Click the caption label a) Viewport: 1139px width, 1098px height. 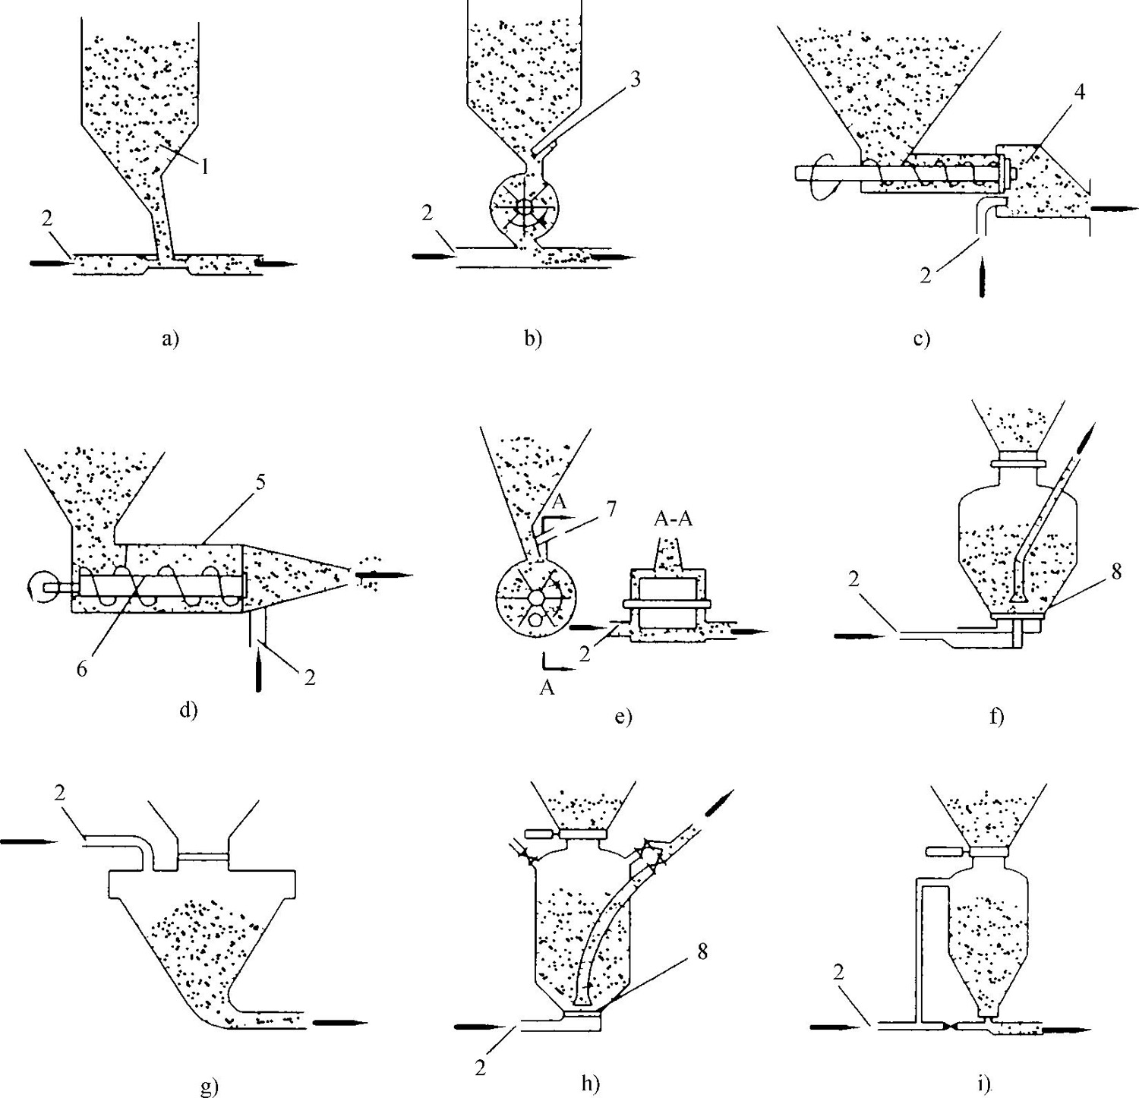[x=170, y=339]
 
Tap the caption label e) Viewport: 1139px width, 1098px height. [x=623, y=716]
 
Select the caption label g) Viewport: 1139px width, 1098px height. [x=207, y=1087]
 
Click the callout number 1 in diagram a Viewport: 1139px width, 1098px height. [x=204, y=167]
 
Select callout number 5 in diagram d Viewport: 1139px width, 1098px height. [x=260, y=484]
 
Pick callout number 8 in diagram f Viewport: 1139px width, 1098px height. [x=1115, y=571]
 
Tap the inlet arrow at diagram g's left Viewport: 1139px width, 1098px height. [x=29, y=841]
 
